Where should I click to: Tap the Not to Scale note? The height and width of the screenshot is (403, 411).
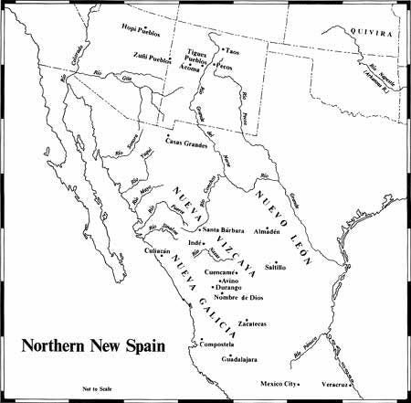coord(96,387)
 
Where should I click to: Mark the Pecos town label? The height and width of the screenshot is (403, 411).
coord(231,67)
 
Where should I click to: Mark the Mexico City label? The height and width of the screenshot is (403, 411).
coord(280,384)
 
